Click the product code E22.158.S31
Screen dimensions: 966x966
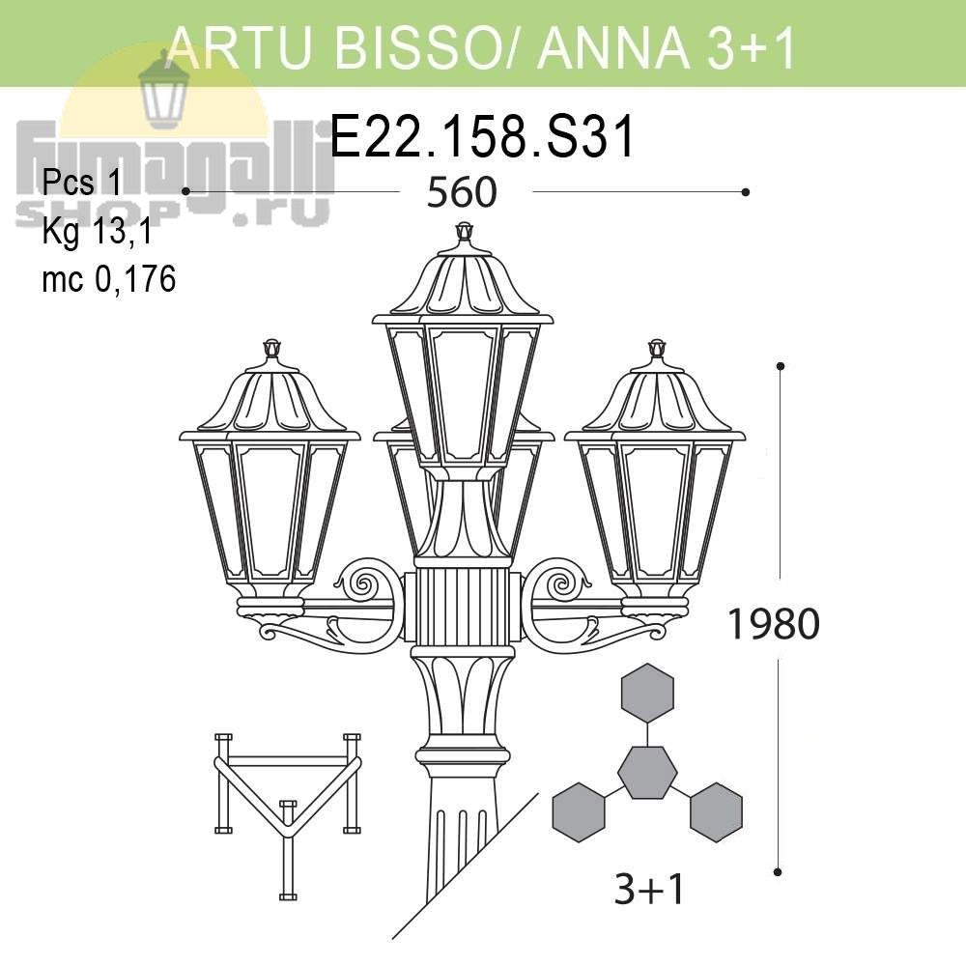[x=482, y=136]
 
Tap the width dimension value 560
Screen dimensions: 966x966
[x=462, y=192]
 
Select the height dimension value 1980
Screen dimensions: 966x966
[x=774, y=623]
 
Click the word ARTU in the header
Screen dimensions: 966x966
[x=241, y=46]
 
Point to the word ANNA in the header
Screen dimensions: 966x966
[x=613, y=46]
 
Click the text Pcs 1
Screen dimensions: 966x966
[x=83, y=183]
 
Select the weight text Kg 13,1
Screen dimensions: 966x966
[x=97, y=232]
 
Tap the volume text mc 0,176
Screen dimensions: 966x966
[x=109, y=278]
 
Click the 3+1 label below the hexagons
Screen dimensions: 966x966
[x=649, y=889]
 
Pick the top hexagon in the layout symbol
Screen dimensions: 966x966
[x=647, y=693]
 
